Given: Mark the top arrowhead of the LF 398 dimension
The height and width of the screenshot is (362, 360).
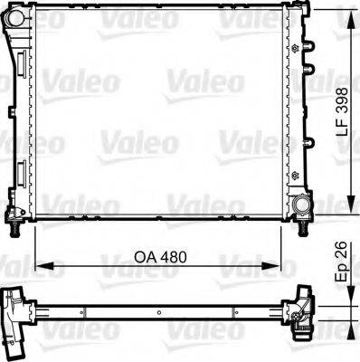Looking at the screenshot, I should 350,12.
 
